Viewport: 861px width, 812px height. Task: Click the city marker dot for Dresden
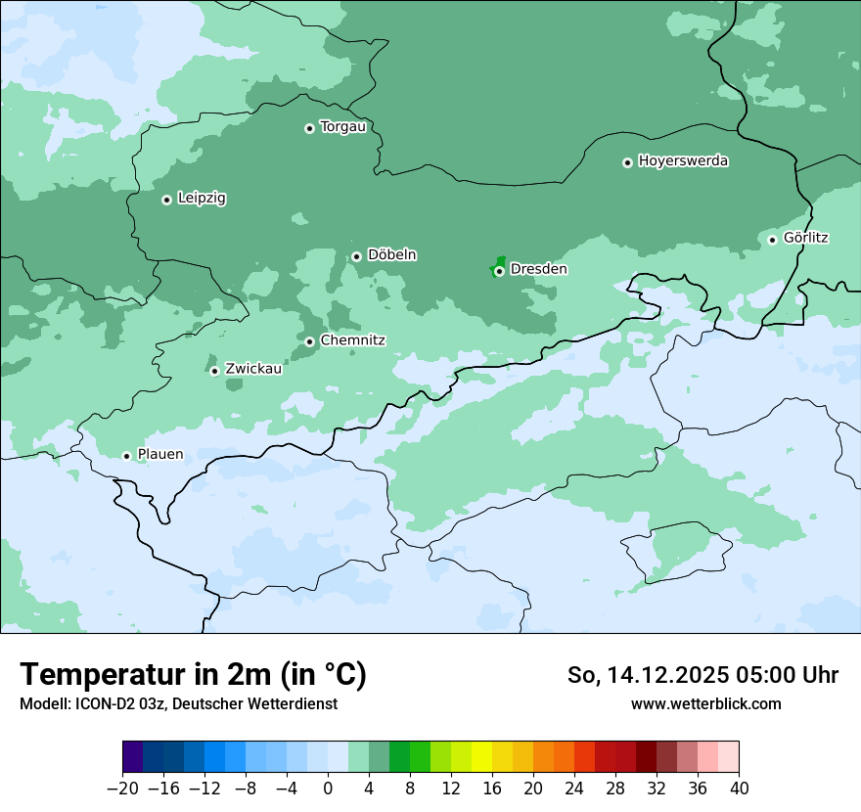[499, 271]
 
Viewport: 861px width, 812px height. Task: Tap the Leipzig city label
[202, 198]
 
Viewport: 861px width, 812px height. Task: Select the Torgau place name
[342, 126]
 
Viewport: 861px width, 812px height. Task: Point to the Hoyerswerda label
[683, 160]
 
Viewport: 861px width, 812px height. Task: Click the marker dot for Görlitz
[772, 240]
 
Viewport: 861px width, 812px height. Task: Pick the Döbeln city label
[391, 254]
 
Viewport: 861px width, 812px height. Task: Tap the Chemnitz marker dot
[309, 341]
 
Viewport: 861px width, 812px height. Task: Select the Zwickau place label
[253, 369]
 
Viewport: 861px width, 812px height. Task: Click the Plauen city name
[159, 454]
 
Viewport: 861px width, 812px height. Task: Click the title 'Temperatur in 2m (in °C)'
[193, 674]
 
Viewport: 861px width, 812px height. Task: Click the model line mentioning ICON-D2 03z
[178, 703]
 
